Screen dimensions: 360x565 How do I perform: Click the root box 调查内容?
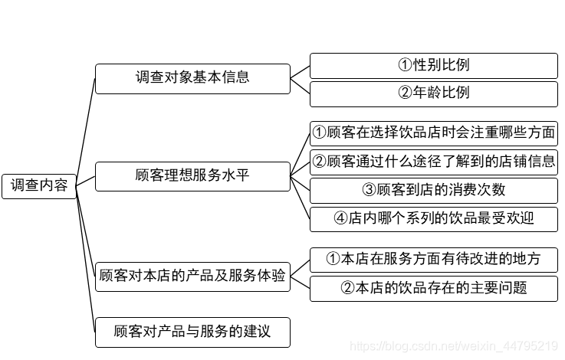click(x=39, y=185)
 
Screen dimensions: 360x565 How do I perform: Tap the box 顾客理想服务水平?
click(x=192, y=176)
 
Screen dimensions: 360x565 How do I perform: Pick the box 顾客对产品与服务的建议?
click(x=192, y=332)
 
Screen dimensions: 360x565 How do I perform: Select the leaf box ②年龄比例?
click(x=433, y=93)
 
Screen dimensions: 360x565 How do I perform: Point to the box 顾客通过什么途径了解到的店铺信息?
click(x=433, y=162)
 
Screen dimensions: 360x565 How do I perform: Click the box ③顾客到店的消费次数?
click(x=433, y=190)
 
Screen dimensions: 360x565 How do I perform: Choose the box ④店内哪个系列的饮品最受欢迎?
click(x=433, y=218)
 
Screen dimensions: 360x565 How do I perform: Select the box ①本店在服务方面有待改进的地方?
click(x=433, y=260)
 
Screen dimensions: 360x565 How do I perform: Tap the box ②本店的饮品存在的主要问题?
click(x=433, y=288)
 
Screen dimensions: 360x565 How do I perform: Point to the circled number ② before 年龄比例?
click(x=405, y=93)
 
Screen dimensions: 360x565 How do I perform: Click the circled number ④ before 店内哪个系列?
click(x=341, y=218)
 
